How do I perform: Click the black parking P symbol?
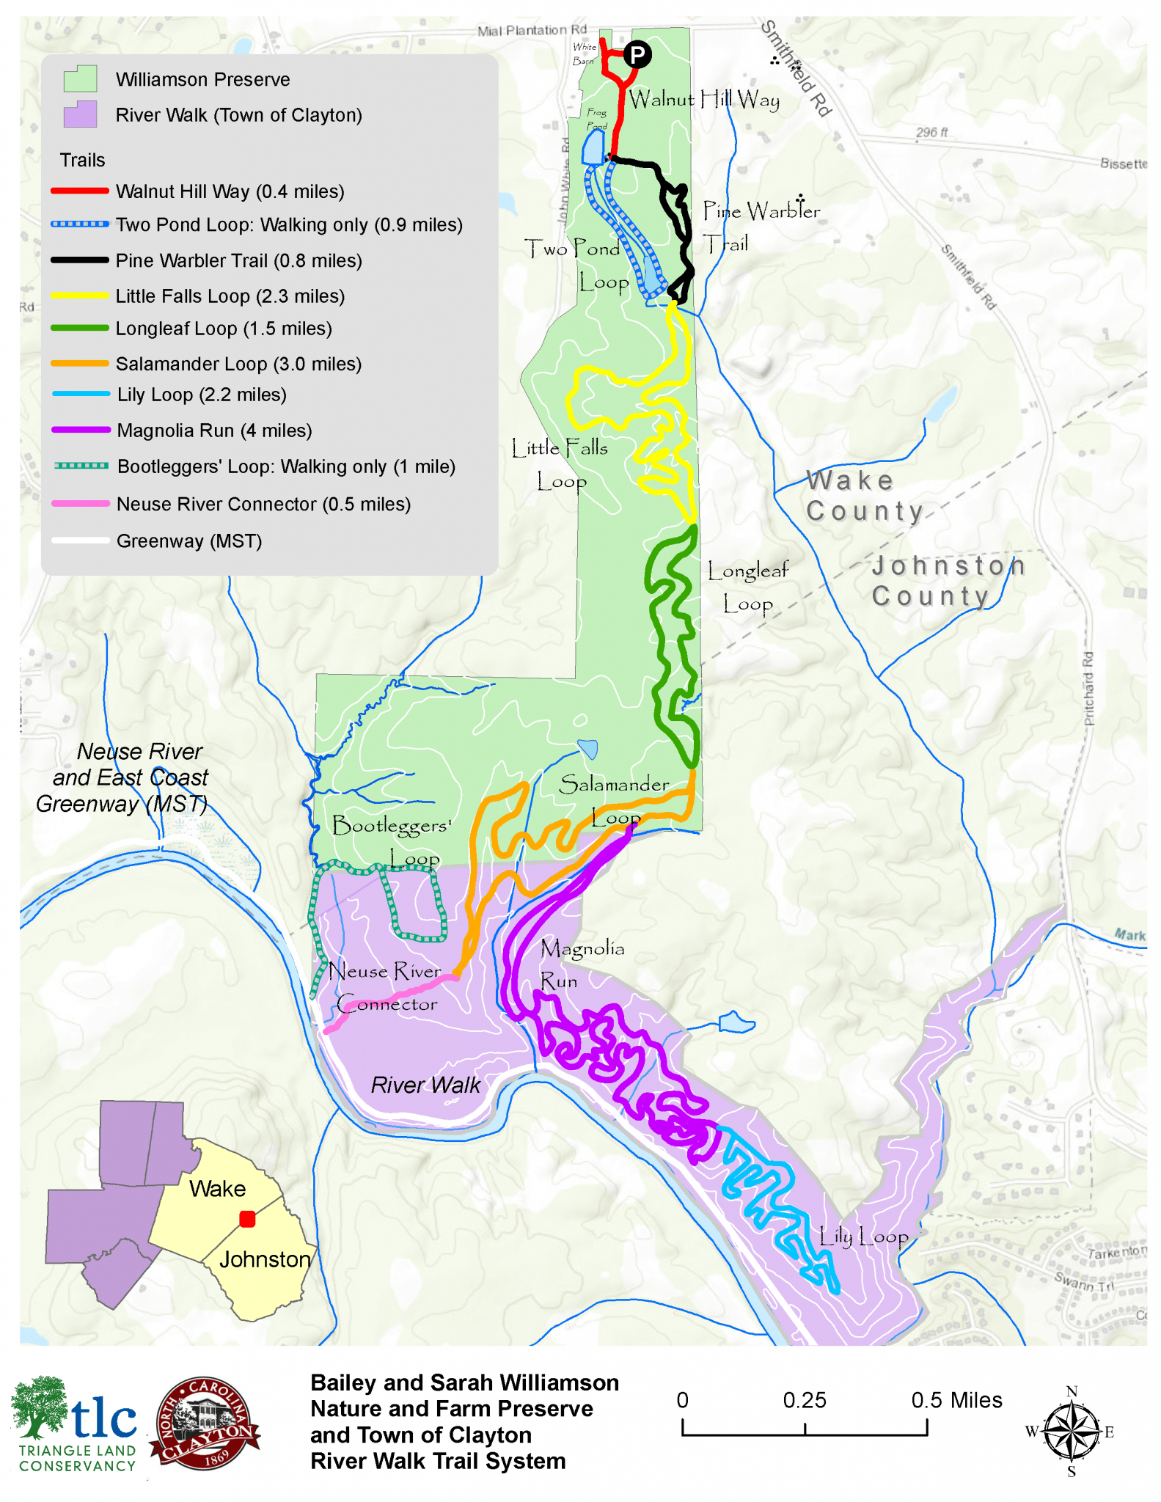(x=637, y=54)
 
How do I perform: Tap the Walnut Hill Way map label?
(x=703, y=99)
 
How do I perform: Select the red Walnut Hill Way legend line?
(x=80, y=191)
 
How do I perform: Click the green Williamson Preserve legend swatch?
(x=80, y=78)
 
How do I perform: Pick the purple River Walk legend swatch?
(x=80, y=114)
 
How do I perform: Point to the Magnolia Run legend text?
(x=214, y=431)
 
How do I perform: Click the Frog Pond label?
(x=597, y=119)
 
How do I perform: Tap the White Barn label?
(x=584, y=54)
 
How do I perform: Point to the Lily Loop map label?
(x=863, y=1237)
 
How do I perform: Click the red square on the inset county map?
(x=247, y=1219)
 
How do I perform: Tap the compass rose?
(x=1071, y=1431)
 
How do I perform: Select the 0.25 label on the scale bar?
(x=804, y=1400)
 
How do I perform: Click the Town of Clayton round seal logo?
(x=204, y=1424)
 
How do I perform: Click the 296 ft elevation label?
(x=931, y=132)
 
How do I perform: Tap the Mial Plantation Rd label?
(x=532, y=30)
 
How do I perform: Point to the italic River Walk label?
(x=425, y=1085)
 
